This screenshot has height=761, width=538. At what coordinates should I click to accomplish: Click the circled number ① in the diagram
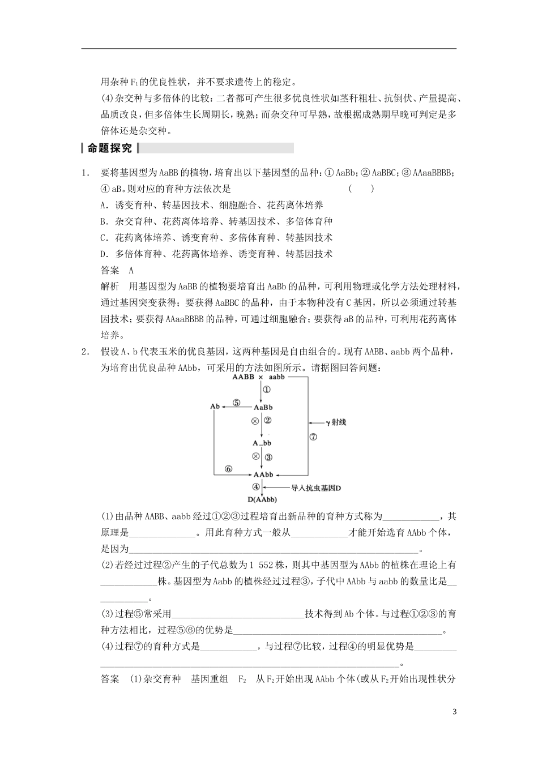click(267, 390)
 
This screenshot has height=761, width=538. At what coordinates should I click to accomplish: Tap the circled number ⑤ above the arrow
click(236, 403)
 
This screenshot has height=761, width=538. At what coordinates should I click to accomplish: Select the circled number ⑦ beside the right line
click(313, 437)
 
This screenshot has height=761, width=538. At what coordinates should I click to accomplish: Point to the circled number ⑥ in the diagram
click(228, 469)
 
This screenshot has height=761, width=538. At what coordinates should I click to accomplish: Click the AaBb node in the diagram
click(263, 407)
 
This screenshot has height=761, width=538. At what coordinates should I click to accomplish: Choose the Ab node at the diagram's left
click(215, 407)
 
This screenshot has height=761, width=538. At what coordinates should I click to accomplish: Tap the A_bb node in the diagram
click(262, 443)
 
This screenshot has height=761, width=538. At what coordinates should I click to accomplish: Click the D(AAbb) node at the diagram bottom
click(262, 499)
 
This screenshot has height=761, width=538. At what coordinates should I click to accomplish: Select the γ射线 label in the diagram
click(335, 422)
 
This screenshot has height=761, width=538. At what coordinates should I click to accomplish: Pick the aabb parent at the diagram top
click(277, 377)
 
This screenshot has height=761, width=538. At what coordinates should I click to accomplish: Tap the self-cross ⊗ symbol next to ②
click(255, 421)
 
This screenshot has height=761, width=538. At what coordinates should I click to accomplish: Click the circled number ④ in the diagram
click(256, 486)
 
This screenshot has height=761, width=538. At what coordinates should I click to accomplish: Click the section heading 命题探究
click(109, 148)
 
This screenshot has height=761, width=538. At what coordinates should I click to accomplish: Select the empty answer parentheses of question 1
click(361, 189)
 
